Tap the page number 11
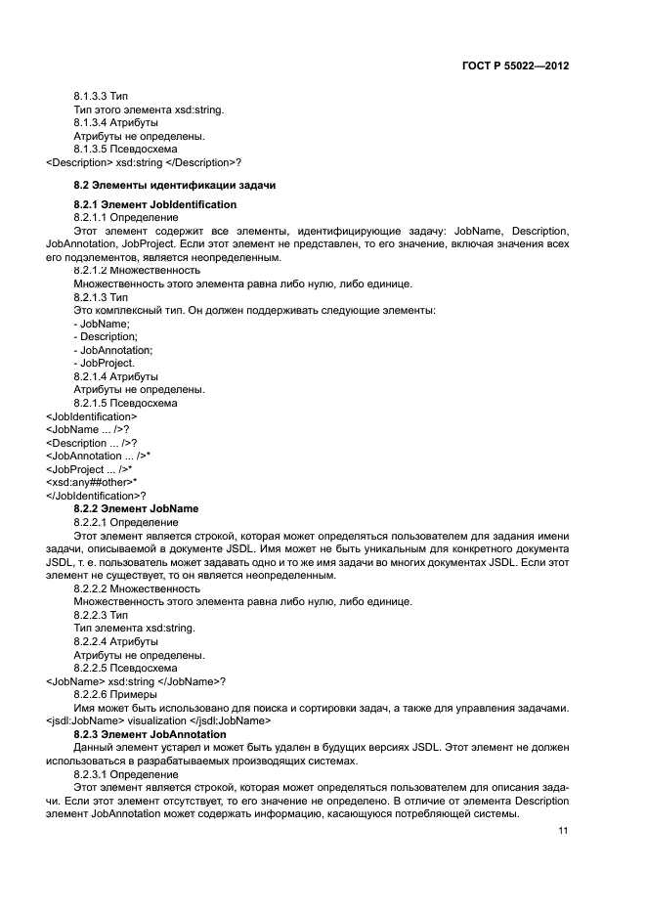pos(563,831)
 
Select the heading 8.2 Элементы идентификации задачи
pos(175,184)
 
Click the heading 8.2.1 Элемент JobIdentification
pos(155,204)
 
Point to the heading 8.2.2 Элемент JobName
pos(136,508)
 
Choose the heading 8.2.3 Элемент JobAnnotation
pos(150,733)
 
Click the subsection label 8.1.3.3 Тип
pos(101,97)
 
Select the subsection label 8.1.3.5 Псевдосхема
pos(125,149)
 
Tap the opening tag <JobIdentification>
pos(92,415)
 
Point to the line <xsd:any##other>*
pos(92,482)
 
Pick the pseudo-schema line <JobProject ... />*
pos(89,469)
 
